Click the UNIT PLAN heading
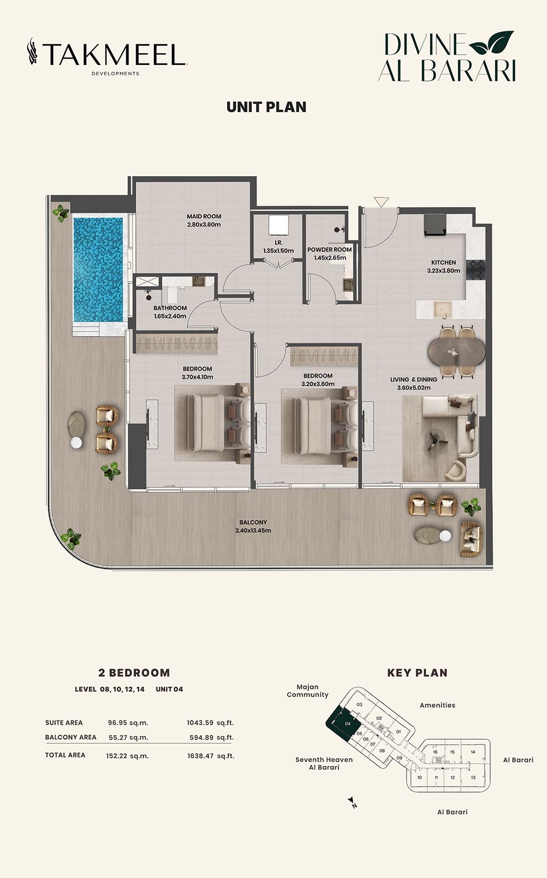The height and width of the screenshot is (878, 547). point(266,107)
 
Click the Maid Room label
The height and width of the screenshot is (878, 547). point(203,217)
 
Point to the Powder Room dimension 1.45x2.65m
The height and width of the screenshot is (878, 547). point(330,258)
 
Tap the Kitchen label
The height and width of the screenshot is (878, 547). point(443,263)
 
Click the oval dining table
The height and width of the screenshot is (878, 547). point(456,352)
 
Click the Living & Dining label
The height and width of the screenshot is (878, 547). point(414,380)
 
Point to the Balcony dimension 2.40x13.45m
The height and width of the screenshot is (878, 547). point(253,530)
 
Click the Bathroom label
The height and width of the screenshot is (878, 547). point(170,308)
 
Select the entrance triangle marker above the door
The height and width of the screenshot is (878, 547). point(381,202)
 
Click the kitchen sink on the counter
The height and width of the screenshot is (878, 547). point(441,310)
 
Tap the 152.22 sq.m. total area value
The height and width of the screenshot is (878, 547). point(127,756)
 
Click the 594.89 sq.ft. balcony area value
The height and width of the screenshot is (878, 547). point(210,737)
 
